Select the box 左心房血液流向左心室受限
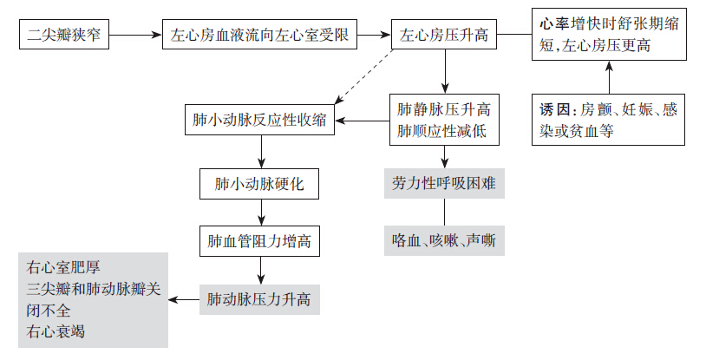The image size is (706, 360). click(x=260, y=36)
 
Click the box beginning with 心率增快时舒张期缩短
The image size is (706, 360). click(x=607, y=34)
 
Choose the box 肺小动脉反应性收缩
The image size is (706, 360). click(x=260, y=120)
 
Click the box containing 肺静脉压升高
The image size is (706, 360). click(x=444, y=120)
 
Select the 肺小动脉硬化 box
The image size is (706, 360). click(x=260, y=184)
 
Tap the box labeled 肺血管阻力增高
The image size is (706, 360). click(x=260, y=241)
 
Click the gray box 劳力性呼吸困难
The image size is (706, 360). click(x=444, y=184)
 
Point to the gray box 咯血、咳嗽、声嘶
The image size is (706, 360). click(x=444, y=240)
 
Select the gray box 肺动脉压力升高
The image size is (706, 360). click(x=260, y=300)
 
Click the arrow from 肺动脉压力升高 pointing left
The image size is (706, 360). click(x=184, y=300)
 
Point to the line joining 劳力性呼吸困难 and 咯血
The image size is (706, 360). click(x=444, y=213)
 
